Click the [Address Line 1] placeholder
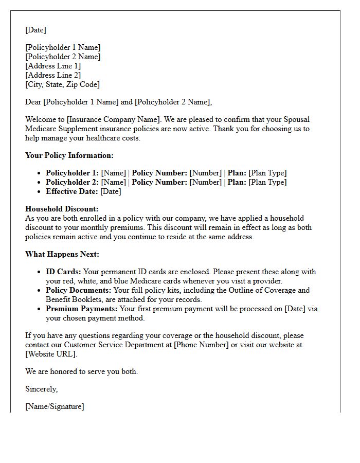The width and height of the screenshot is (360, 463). click(x=53, y=66)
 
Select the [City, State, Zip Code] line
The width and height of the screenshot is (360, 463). click(x=62, y=84)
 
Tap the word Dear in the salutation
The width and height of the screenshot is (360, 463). click(x=33, y=102)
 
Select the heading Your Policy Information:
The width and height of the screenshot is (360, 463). click(x=69, y=155)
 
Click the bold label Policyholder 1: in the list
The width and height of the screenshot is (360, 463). click(x=72, y=173)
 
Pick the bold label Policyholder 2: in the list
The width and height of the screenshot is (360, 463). click(x=72, y=182)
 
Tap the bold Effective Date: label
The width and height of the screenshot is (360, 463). click(x=71, y=191)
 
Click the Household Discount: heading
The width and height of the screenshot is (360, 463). click(x=62, y=209)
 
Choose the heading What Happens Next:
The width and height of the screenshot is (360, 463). click(x=62, y=254)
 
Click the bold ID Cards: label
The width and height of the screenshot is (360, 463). click(x=63, y=272)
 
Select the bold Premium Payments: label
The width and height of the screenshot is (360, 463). click(x=82, y=309)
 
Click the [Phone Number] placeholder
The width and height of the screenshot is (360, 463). click(x=201, y=345)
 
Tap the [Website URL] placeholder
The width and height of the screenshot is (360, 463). click(x=51, y=354)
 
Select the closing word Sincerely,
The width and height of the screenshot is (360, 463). click(x=42, y=389)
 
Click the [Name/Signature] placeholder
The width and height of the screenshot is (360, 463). click(x=55, y=406)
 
